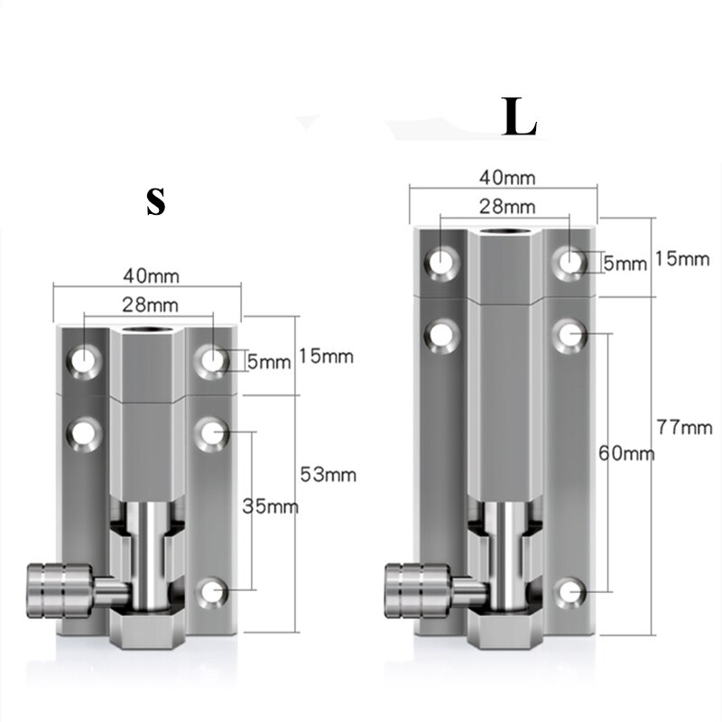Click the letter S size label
coord(156,202)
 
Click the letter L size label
coord(520,120)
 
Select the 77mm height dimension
coord(683,428)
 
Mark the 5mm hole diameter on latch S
coord(269,362)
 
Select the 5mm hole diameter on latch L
coord(625,264)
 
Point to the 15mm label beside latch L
coord(683,258)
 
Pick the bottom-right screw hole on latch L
coord(571,591)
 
